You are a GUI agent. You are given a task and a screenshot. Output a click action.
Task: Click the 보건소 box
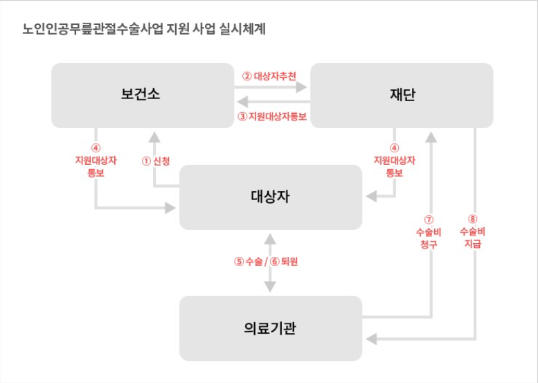(x=141, y=95)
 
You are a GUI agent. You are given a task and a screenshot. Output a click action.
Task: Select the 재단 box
(x=402, y=95)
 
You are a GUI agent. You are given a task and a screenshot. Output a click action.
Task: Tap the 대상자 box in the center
(x=270, y=197)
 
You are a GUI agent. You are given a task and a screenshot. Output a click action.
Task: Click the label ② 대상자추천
(x=270, y=75)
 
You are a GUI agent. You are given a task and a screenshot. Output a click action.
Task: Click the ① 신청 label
(x=155, y=160)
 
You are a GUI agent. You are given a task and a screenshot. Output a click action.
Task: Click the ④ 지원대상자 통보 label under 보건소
(x=96, y=160)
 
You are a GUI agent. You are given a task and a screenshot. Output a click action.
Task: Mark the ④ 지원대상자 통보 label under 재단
(x=394, y=160)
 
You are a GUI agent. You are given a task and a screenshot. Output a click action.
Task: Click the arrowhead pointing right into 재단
(x=302, y=88)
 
